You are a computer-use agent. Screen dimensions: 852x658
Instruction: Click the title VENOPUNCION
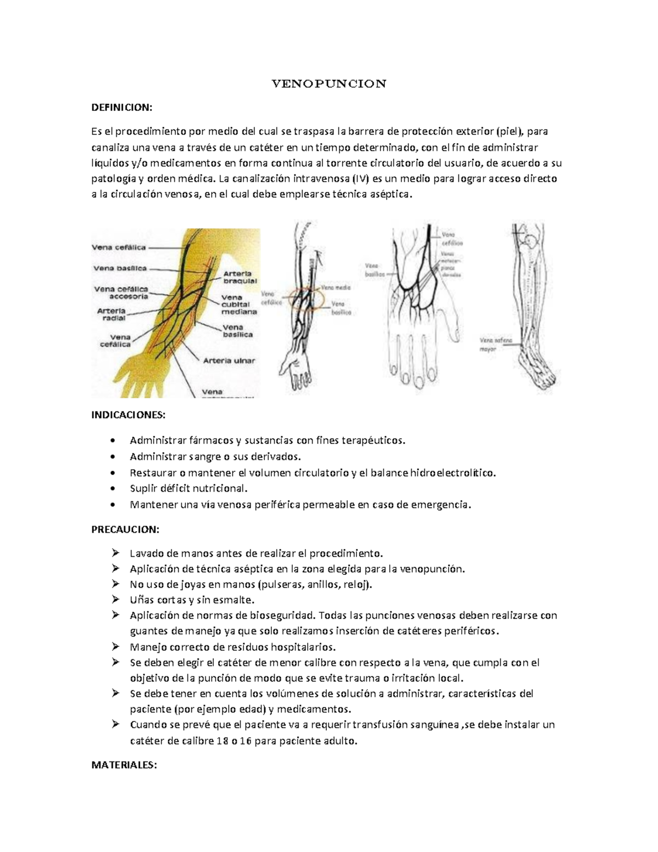(330, 84)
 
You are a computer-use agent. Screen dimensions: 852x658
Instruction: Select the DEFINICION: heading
(122, 108)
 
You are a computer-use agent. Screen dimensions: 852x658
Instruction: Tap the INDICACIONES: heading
(128, 415)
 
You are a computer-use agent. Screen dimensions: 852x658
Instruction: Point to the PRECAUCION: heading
(126, 529)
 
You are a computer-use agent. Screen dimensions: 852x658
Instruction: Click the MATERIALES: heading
(124, 765)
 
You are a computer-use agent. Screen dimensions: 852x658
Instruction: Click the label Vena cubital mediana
(239, 304)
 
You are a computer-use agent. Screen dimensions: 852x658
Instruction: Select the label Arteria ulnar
(229, 360)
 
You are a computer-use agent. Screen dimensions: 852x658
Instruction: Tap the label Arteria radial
(112, 314)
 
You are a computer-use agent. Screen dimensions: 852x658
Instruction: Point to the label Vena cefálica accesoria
(121, 292)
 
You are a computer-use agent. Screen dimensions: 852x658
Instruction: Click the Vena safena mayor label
(496, 344)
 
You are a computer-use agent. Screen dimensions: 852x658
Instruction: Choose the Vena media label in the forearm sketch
(336, 287)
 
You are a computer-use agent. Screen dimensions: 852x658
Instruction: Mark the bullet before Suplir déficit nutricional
(112, 488)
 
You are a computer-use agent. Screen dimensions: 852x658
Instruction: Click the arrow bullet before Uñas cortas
(115, 600)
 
